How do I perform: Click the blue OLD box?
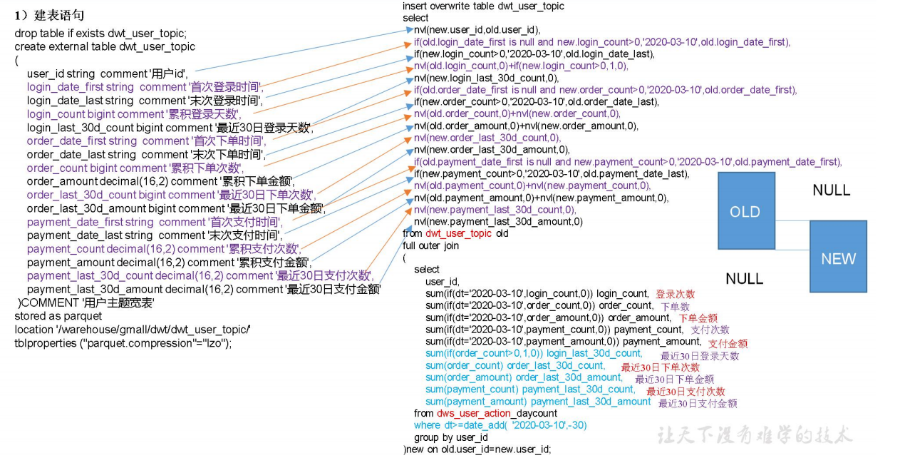click(x=745, y=212)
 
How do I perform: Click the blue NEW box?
click(x=838, y=258)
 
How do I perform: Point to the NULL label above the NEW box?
click(x=831, y=190)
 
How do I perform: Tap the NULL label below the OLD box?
click(x=744, y=279)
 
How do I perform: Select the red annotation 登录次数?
click(x=675, y=294)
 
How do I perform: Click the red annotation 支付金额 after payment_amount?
click(x=728, y=343)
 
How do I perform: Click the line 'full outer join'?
click(x=431, y=245)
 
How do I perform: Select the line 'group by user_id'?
click(x=450, y=437)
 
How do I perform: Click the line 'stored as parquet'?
click(x=58, y=316)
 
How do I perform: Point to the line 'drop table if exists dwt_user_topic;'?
click(x=100, y=34)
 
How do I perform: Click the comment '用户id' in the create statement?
click(x=169, y=74)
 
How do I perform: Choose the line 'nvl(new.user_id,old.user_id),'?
click(x=477, y=30)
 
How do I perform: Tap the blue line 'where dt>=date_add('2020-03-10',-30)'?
click(x=500, y=425)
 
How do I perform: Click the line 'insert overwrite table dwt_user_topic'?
click(x=483, y=6)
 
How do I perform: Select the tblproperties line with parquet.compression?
click(x=123, y=342)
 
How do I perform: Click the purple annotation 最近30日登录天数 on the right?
click(x=699, y=356)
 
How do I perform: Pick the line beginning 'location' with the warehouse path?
click(x=132, y=330)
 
